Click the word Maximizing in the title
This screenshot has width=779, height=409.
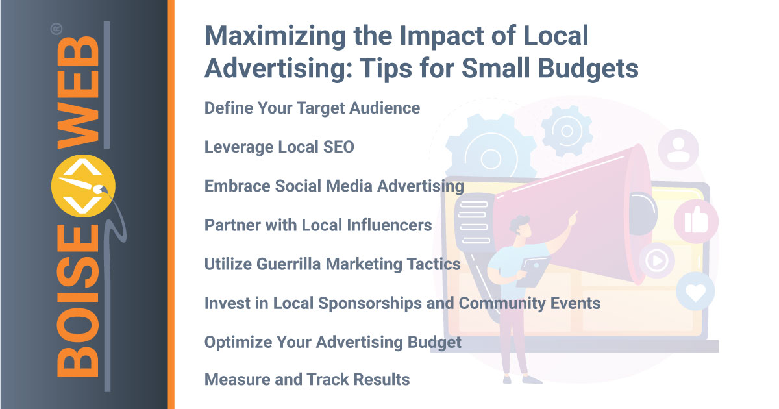[x=275, y=36]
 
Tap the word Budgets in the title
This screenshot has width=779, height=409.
[x=588, y=68]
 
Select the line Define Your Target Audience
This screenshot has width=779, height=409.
[x=312, y=108]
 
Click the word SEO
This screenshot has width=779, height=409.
[x=338, y=147]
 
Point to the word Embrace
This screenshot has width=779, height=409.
[x=237, y=186]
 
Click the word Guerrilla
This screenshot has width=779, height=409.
[x=288, y=264]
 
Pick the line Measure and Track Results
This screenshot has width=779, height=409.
[x=307, y=379]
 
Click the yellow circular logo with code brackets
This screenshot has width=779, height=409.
[x=83, y=186]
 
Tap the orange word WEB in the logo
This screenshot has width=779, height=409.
[x=78, y=92]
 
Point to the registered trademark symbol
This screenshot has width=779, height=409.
[x=56, y=29]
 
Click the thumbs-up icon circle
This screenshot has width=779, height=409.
[x=696, y=221]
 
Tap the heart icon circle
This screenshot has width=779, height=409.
[x=695, y=291]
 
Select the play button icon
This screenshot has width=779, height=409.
[x=656, y=260]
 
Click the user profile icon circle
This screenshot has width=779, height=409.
[x=678, y=149]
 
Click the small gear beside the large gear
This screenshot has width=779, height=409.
[x=567, y=131]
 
